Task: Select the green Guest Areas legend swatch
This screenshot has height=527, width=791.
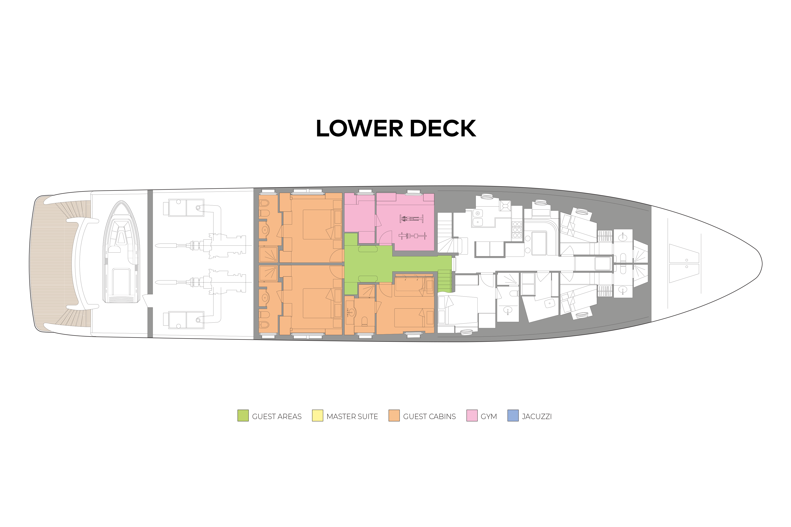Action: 243,416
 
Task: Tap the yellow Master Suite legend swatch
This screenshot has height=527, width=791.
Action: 317,416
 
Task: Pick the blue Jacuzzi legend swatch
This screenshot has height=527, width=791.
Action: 513,416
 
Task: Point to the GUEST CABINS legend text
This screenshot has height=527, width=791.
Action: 429,416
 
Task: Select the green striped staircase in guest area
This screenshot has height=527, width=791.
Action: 444,281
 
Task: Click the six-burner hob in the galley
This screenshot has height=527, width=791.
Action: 517,229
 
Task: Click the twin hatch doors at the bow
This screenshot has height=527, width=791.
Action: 684,263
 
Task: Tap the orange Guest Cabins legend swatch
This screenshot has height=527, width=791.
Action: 394,416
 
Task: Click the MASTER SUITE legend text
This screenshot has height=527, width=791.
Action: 352,416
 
